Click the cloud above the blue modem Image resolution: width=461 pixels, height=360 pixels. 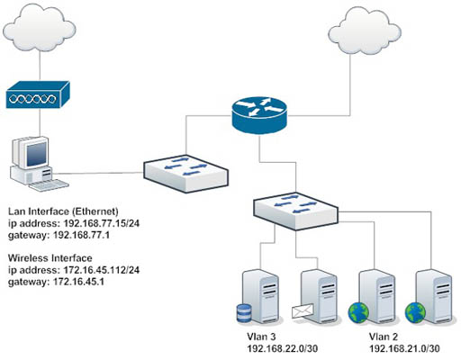coord(40,28)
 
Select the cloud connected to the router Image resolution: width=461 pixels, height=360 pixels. coord(365,31)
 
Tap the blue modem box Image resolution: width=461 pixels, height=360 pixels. coord(38,94)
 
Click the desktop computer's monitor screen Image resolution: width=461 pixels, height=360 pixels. coord(37,154)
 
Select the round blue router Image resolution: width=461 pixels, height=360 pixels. coord(259,115)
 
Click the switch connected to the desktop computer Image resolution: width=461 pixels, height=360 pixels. coord(185,174)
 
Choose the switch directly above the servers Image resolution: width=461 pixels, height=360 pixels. coord(296,211)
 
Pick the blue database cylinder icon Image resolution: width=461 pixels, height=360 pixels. coord(244,313)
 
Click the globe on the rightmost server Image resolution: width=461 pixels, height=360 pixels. coord(415,312)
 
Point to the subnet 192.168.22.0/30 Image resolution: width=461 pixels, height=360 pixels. coord(283,348)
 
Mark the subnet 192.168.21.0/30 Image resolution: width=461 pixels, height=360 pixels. coord(404,348)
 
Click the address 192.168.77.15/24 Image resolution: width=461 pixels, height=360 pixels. coord(102,223)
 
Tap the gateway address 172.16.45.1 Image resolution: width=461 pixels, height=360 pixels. coord(78,282)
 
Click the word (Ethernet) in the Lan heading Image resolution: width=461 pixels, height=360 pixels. coord(95,211)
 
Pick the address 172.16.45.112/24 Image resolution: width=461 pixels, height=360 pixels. coord(102,270)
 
